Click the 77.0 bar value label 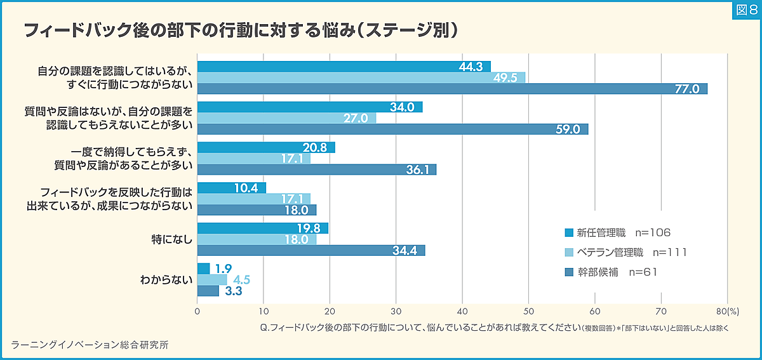[x=686, y=89]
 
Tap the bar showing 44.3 [x=344, y=67]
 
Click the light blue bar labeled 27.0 [x=286, y=118]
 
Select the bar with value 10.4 [x=231, y=188]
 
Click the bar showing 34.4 [x=311, y=250]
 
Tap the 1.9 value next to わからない [x=224, y=269]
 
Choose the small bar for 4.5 [x=211, y=279]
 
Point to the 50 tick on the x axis [x=529, y=311]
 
